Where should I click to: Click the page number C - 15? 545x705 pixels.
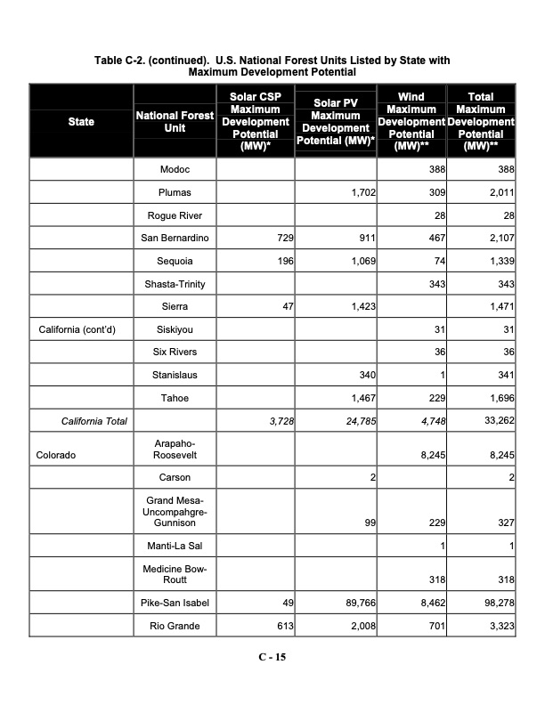click(x=272, y=658)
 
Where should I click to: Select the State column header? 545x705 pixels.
click(x=81, y=122)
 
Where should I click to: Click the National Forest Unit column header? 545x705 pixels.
click(x=175, y=122)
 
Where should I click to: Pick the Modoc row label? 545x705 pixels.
click(x=175, y=169)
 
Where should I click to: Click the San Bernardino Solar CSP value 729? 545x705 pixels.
click(x=282, y=239)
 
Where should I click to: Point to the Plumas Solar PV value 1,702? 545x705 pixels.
click(x=360, y=192)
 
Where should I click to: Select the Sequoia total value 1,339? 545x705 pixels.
click(x=497, y=262)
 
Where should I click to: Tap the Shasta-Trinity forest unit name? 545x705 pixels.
click(x=175, y=284)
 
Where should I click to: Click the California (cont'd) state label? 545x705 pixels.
click(x=77, y=330)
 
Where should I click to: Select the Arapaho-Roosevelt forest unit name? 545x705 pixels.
click(x=175, y=448)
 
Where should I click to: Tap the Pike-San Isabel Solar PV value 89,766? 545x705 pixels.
click(x=356, y=604)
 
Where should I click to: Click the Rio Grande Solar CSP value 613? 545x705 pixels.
click(x=284, y=627)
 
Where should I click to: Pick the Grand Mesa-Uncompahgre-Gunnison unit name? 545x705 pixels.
click(x=175, y=514)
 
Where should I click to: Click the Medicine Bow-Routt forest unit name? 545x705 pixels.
click(x=175, y=573)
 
